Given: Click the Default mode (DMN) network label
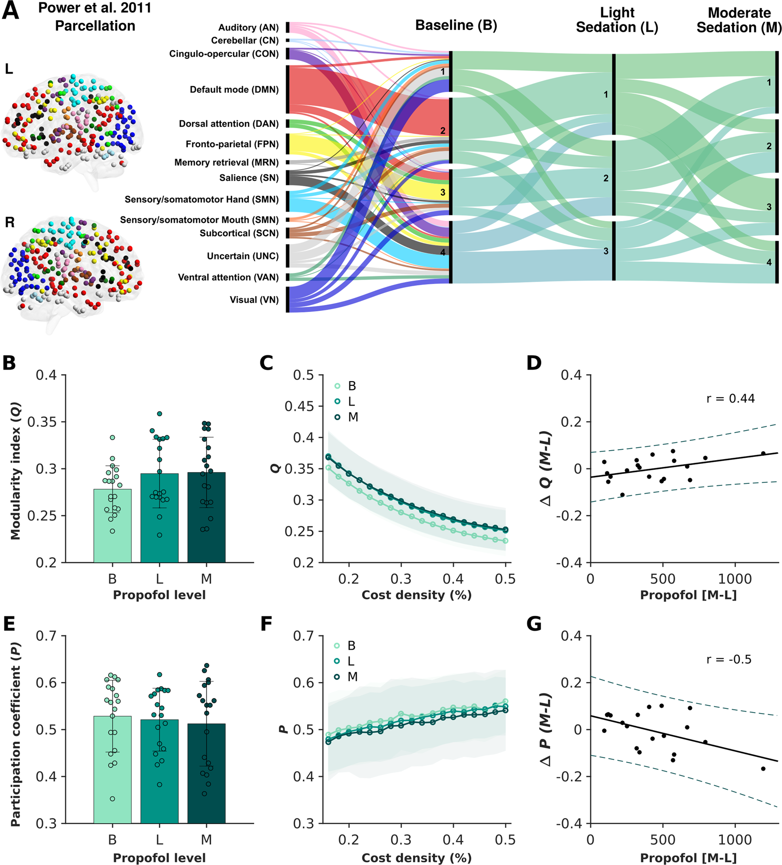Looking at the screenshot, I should tap(234, 90).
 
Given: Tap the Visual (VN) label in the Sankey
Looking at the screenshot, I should tap(254, 300).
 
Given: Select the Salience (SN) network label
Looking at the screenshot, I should tap(248, 178).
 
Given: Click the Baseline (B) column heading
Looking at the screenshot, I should tap(456, 25).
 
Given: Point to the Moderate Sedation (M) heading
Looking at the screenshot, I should tap(739, 20).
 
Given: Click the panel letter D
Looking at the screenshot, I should tap(534, 363).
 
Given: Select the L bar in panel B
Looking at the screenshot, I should tap(159, 518).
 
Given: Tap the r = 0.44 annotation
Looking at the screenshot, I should tap(730, 399).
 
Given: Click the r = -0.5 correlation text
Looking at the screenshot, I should tap(728, 659).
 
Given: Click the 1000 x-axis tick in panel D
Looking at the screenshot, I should tap(734, 579).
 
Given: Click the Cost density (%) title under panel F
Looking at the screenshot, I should tap(416, 858).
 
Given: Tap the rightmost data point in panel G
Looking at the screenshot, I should tap(763, 769).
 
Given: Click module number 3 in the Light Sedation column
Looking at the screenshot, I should tap(606, 251).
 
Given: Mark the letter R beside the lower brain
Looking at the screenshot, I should tap(10, 222).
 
